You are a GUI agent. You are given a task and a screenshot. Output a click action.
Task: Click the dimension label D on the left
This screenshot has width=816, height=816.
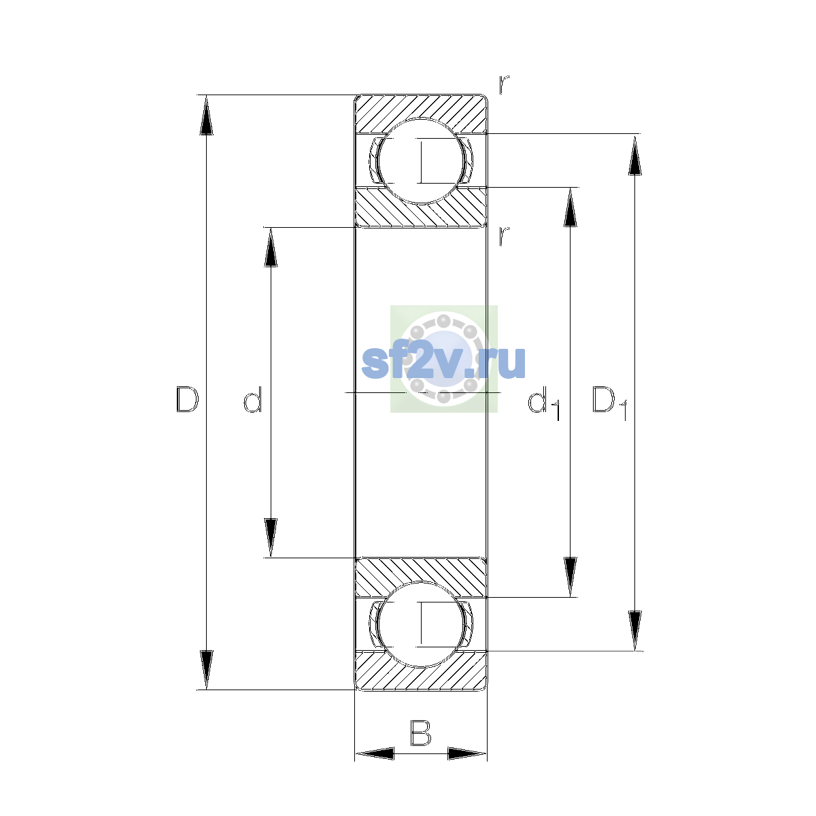pos(187,399)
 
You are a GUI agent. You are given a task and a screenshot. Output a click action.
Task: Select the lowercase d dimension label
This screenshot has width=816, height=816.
pos(253,399)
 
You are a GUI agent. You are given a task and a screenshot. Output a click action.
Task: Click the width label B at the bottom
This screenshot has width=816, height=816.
pos(420,732)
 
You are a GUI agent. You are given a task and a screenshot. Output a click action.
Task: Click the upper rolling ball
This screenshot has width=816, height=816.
pos(420,161)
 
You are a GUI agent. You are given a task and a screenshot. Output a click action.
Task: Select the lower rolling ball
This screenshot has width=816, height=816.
pos(420,624)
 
